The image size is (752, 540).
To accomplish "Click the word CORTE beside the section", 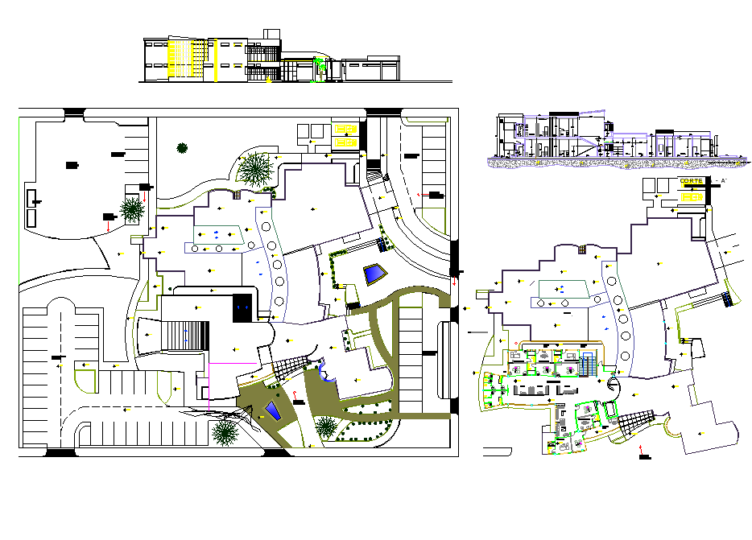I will [691, 180].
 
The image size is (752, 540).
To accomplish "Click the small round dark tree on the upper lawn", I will [183, 147].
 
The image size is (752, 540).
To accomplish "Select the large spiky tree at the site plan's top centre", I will [255, 169].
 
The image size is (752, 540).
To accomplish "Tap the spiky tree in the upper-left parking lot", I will [131, 209].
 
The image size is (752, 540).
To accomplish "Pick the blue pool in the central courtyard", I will [374, 274].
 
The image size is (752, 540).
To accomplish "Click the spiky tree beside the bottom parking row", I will [225, 433].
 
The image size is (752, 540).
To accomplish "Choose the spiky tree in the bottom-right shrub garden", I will [326, 427].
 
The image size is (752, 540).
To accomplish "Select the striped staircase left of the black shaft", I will [187, 335].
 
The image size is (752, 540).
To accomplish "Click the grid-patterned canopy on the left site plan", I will [288, 368].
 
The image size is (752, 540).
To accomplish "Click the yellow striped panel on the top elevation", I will [191, 59].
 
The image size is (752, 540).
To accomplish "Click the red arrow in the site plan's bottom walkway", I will [294, 395].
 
